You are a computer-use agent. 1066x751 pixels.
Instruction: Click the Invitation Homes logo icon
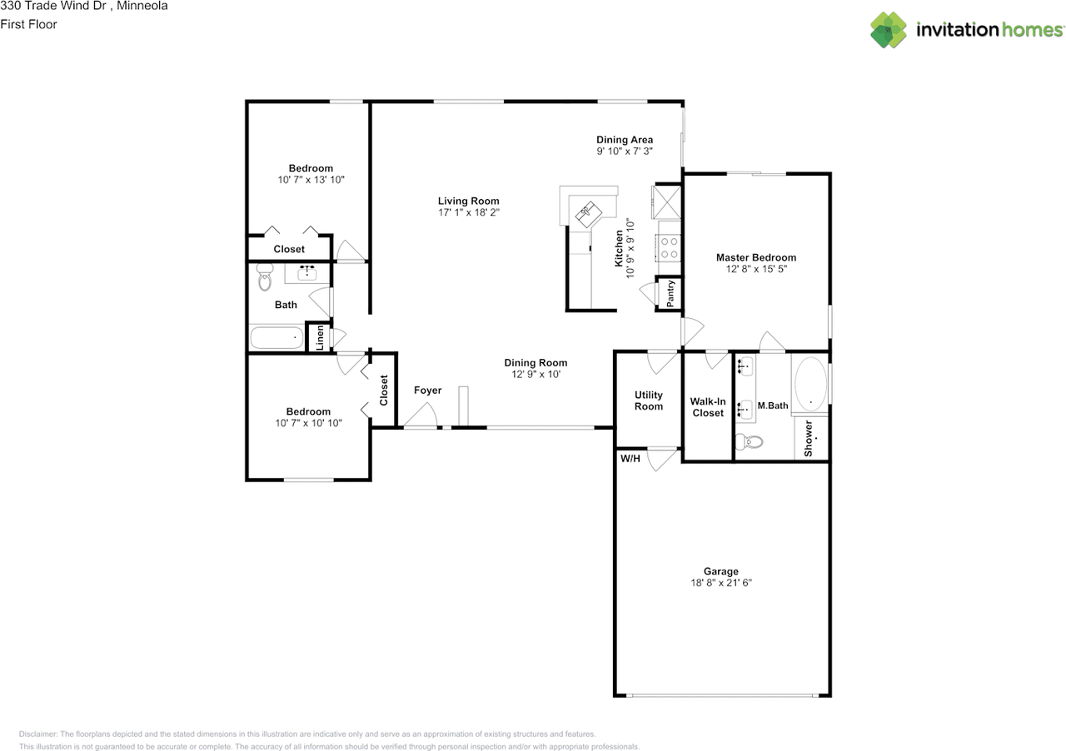click(889, 30)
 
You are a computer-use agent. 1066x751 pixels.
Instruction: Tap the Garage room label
click(720, 571)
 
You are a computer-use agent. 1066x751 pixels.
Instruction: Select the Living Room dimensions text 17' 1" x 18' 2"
click(469, 212)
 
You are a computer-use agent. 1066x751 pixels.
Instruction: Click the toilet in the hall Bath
click(265, 277)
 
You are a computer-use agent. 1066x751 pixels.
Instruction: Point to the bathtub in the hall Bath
click(276, 338)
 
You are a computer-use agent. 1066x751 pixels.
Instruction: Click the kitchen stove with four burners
click(669, 248)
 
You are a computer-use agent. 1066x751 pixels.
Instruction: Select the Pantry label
click(670, 293)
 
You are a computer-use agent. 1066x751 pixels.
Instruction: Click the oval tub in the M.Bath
click(810, 384)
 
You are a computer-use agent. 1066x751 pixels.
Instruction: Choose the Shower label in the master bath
click(809, 438)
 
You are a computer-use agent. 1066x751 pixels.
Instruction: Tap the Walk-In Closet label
click(708, 407)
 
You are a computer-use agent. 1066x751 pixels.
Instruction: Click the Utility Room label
click(649, 400)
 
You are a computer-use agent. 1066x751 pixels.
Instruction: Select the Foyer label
click(428, 390)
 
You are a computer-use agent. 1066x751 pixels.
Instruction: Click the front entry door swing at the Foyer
click(421, 416)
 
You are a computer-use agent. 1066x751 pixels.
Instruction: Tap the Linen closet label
click(318, 338)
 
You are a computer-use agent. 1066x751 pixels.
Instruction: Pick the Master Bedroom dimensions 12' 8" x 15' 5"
click(756, 269)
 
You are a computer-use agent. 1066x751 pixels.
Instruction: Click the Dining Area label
click(625, 140)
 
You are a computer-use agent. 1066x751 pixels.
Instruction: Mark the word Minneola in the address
click(142, 6)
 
